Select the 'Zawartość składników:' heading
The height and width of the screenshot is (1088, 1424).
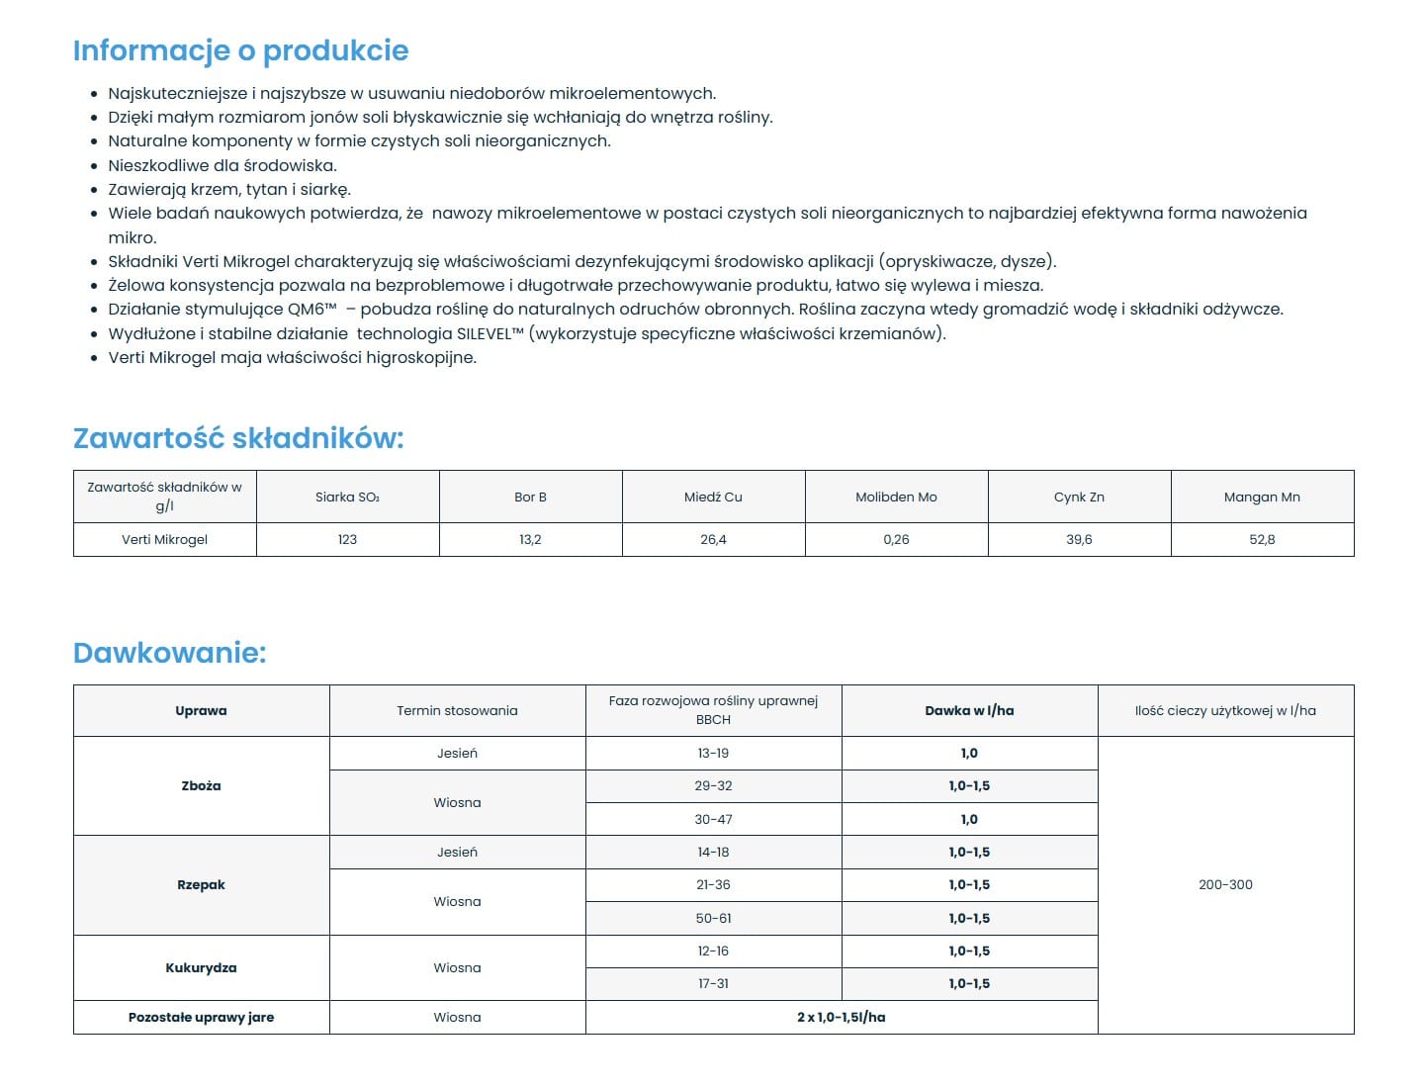(238, 438)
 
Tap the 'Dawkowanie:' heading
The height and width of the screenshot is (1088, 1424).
(170, 653)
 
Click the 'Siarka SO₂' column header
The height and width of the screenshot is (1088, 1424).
(347, 497)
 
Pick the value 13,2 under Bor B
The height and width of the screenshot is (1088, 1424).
(530, 539)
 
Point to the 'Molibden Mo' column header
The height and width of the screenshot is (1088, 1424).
(896, 497)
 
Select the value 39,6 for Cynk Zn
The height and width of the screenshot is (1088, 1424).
(1079, 539)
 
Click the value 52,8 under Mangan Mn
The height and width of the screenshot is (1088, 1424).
(1262, 539)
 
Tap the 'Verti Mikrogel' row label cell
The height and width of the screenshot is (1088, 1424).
(164, 539)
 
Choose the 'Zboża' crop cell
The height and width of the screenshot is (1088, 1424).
(201, 785)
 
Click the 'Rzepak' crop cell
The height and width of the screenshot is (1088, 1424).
(201, 884)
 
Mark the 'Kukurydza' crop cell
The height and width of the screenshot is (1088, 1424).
(201, 967)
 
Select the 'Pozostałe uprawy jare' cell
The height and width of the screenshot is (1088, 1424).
(201, 1017)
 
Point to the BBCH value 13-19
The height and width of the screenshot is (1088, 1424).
(713, 753)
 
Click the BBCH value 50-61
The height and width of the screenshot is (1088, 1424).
(713, 918)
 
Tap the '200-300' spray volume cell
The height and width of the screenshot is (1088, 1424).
(1225, 884)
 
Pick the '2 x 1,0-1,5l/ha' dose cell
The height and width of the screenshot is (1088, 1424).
(841, 1017)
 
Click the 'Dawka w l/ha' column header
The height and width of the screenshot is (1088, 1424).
(969, 710)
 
